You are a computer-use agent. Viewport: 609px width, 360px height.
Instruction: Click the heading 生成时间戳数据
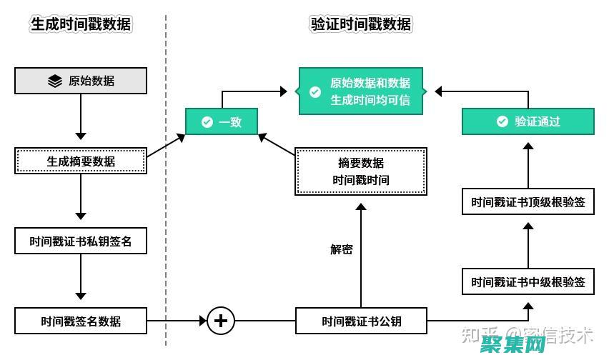(x=81, y=24)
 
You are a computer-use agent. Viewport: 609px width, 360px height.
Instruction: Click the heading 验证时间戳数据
(x=360, y=24)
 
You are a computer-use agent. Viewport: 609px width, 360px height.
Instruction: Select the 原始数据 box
(x=81, y=81)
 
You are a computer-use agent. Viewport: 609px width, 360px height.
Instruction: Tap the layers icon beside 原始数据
(x=55, y=81)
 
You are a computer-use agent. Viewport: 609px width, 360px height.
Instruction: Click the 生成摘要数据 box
(x=81, y=161)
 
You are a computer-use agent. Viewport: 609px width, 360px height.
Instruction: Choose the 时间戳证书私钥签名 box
(x=81, y=241)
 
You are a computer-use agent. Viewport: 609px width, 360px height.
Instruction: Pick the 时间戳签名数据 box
(x=81, y=321)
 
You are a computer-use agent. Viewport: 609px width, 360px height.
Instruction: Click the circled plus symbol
(x=221, y=321)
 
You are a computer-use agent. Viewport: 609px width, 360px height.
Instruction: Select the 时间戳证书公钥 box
(x=361, y=321)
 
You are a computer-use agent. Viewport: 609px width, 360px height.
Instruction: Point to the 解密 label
(x=341, y=250)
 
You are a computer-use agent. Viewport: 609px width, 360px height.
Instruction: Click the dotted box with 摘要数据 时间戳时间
(x=361, y=171)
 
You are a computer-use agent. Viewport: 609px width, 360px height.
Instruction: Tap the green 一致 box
(x=221, y=122)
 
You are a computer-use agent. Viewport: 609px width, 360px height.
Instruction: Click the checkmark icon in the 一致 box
(x=207, y=122)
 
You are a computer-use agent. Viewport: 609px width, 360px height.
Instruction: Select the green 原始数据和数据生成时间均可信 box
(x=361, y=91)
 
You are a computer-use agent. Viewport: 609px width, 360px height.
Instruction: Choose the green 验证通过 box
(x=528, y=121)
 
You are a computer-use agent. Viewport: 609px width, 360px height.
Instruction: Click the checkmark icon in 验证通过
(x=502, y=121)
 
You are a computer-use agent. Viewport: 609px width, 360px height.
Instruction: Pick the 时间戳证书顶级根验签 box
(x=528, y=202)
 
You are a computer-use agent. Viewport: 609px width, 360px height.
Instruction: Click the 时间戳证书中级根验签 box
(x=528, y=281)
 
